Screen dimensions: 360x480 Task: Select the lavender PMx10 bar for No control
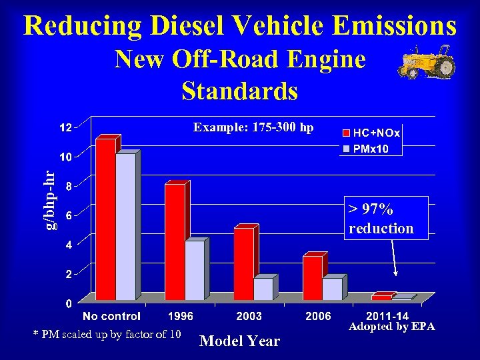pyautogui.click(x=125, y=227)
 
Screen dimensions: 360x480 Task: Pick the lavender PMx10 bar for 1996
pyautogui.click(x=194, y=270)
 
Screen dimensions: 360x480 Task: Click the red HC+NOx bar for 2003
pyautogui.click(x=243, y=263)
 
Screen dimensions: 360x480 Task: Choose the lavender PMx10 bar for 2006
pyautogui.click(x=332, y=288)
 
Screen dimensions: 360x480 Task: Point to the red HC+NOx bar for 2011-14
pyautogui.click(x=381, y=297)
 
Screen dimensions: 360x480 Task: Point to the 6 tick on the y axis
pyautogui.click(x=68, y=215)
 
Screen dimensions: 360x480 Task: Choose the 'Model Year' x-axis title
pyautogui.click(x=240, y=341)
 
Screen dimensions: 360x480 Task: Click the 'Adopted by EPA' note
pyautogui.click(x=392, y=327)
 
